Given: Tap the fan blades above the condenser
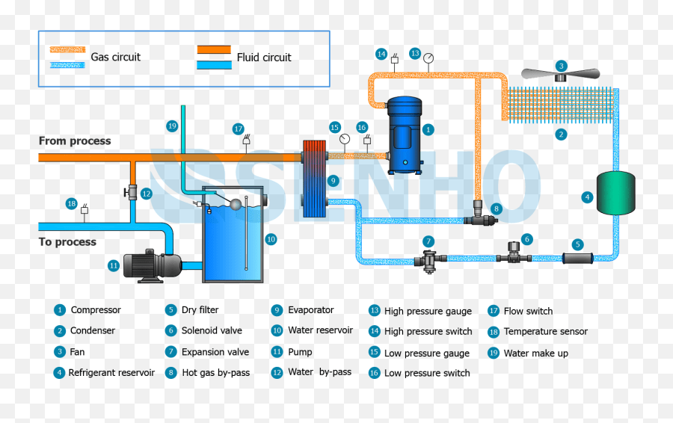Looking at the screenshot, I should [561, 75].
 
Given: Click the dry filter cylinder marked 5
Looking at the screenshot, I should [577, 259].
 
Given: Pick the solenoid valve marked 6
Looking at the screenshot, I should [514, 253].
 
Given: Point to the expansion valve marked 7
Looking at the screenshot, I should [428, 260].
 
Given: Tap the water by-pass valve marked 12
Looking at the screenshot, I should [132, 193].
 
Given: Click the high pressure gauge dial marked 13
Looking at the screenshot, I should [428, 58].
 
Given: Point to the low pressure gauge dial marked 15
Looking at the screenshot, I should [344, 138].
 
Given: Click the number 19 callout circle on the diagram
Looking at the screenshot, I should [172, 126].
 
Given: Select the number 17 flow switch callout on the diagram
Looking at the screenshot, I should [238, 128].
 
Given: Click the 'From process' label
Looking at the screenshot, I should [75, 141].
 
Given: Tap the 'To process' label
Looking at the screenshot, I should [67, 241].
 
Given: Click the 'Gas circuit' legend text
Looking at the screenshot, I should [115, 57].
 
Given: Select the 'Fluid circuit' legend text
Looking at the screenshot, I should [264, 58].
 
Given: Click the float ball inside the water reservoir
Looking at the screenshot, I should [236, 203].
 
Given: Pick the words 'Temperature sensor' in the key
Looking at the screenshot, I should [545, 331].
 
